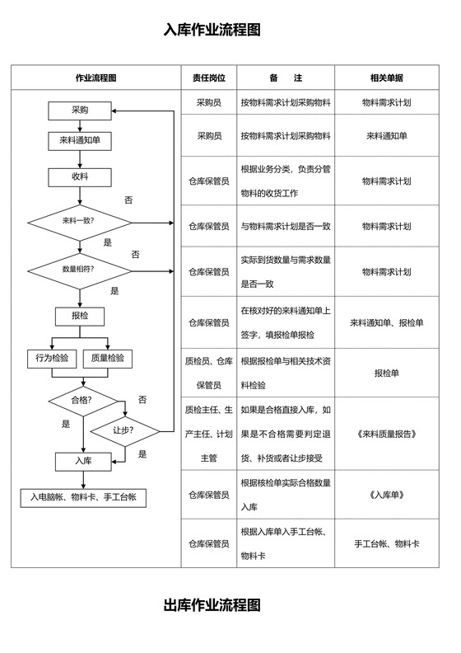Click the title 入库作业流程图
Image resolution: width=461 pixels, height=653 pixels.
[212, 31]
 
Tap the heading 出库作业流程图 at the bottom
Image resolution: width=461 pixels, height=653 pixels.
[212, 606]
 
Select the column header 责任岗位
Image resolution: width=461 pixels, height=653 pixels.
[208, 78]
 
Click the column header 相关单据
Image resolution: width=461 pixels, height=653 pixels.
[386, 78]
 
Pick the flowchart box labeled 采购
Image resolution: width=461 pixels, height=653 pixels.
[80, 110]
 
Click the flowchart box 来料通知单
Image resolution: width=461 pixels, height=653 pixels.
[80, 141]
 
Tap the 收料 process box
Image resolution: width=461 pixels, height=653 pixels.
[80, 176]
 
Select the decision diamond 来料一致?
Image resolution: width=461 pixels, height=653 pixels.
[80, 222]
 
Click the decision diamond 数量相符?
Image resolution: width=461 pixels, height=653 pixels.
[80, 270]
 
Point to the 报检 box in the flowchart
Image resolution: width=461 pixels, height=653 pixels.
[80, 316]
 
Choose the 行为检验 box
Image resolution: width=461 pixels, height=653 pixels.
[52, 359]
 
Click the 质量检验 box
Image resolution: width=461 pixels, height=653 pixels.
[108, 359]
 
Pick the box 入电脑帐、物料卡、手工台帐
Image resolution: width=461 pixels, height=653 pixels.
[82, 497]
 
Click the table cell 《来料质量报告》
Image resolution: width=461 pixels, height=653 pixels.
[386, 433]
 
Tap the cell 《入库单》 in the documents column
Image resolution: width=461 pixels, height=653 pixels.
[386, 496]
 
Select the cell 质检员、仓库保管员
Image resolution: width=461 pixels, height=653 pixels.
[208, 373]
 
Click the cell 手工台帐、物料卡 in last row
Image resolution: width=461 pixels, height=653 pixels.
[386, 544]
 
